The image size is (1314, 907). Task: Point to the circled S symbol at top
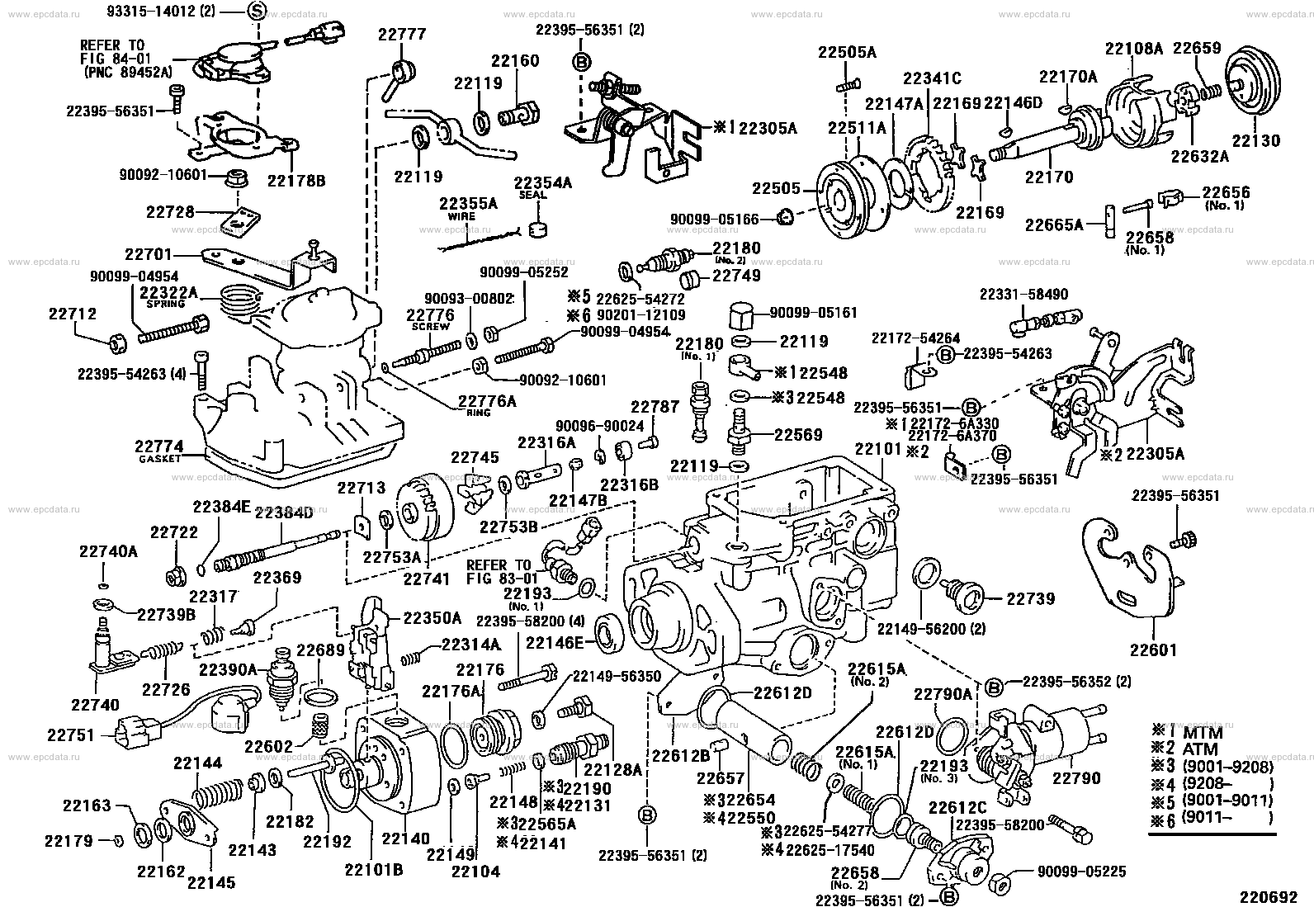tap(256, 12)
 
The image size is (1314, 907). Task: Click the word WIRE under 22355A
tap(463, 215)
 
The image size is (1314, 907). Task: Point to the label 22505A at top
tap(847, 52)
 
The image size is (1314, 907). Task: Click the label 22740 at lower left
tap(95, 705)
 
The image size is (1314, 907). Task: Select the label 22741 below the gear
tap(427, 579)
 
